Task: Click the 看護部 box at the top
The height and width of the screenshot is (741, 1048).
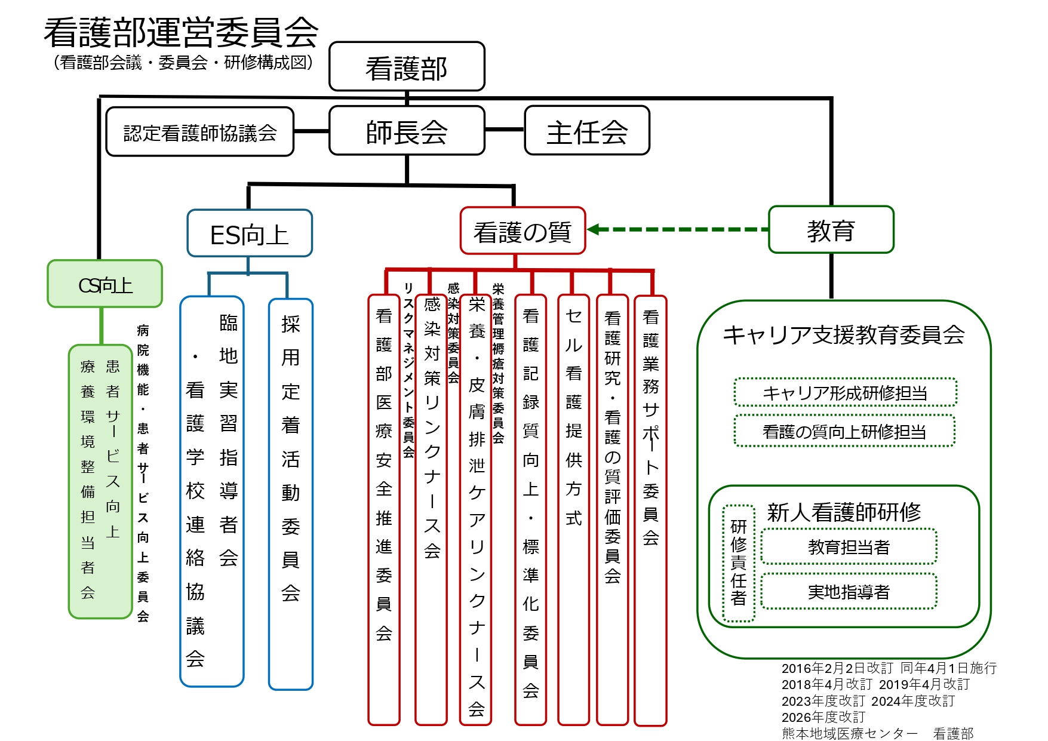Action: [407, 66]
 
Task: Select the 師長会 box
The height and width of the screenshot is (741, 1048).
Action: [407, 131]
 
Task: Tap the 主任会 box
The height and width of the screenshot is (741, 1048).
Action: [587, 131]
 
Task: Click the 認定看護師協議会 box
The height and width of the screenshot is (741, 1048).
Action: [200, 132]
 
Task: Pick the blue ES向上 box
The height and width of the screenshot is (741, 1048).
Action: [250, 233]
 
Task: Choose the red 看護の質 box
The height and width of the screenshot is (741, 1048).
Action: [523, 231]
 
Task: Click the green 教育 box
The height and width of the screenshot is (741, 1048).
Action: [831, 230]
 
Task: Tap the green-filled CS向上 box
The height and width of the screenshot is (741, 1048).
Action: [105, 284]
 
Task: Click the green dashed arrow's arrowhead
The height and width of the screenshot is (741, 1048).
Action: [594, 229]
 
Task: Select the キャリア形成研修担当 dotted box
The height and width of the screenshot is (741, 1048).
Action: [846, 392]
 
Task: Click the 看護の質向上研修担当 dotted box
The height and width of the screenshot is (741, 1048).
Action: [844, 431]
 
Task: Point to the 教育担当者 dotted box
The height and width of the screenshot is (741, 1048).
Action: [849, 546]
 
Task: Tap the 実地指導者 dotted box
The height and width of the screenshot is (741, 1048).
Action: [849, 592]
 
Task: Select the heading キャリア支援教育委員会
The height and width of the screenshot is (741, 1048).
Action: [844, 335]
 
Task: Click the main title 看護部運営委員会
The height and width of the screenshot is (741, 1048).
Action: [181, 32]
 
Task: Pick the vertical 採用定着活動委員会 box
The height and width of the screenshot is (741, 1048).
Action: [291, 494]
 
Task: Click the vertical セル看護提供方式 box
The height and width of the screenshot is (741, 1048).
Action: [574, 510]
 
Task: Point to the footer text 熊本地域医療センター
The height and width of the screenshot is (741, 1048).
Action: [850, 733]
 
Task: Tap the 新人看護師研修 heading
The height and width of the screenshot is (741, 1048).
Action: [844, 512]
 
